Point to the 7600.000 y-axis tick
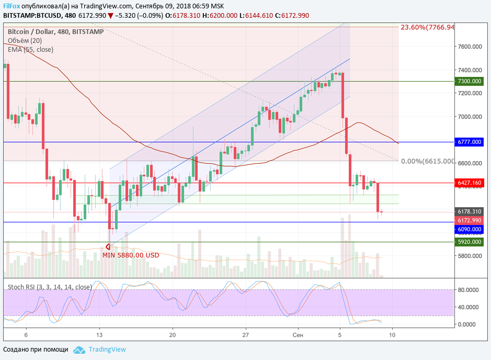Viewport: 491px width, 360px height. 470,47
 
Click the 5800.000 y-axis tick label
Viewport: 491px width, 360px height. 470,256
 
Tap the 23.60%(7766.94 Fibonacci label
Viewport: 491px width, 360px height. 427,27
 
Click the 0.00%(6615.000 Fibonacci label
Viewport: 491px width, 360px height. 427,161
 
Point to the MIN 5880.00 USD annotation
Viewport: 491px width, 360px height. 131,255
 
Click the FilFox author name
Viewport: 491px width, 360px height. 12,6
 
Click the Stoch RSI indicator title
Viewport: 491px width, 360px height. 50,287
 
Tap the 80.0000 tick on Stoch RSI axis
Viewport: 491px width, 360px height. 469,289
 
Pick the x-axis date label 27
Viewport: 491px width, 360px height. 245,334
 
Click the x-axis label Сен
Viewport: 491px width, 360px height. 298,334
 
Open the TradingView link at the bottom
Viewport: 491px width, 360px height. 107,350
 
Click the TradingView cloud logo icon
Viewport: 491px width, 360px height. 79,350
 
